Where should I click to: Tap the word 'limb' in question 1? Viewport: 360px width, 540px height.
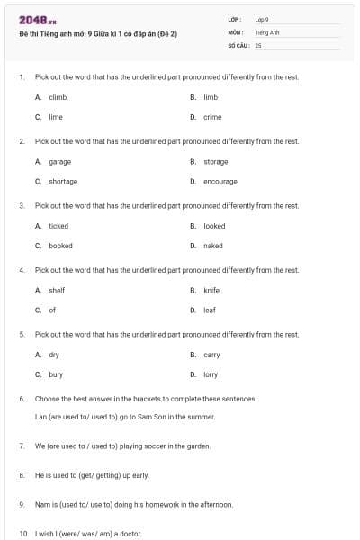tap(211, 97)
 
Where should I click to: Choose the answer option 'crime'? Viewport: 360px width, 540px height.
tap(212, 117)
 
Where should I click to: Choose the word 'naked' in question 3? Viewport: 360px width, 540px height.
tap(212, 246)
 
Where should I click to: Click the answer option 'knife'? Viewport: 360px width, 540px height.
tap(211, 291)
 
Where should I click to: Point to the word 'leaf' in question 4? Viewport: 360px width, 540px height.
tap(210, 310)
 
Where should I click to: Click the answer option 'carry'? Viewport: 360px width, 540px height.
tap(211, 355)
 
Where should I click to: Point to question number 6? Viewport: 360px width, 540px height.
tap(22, 398)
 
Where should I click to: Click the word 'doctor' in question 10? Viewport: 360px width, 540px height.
tap(130, 534)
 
